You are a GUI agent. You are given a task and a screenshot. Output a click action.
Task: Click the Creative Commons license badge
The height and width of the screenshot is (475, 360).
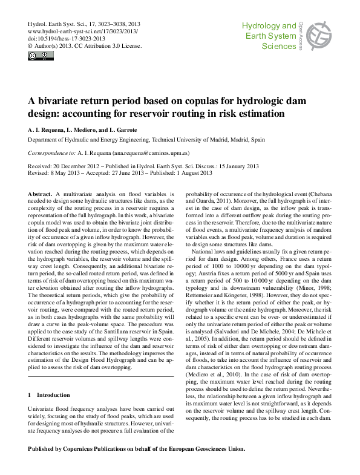click(x=41, y=56)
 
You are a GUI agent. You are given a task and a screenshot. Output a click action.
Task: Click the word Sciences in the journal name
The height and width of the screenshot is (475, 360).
click(x=280, y=45)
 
